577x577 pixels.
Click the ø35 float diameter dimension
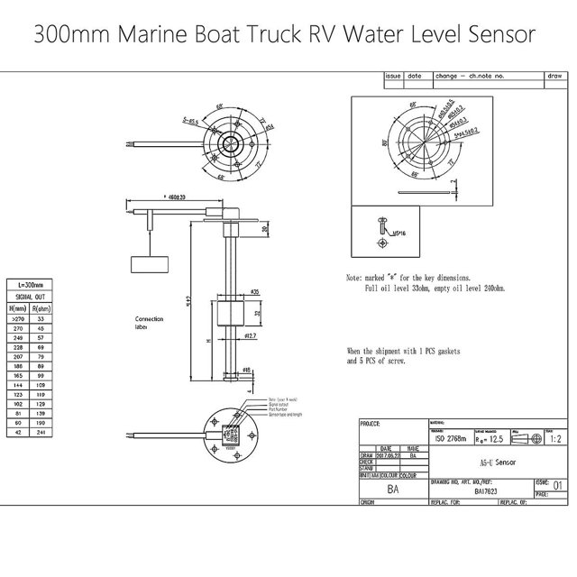(x=255, y=293)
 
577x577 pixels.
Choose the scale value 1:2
(x=558, y=437)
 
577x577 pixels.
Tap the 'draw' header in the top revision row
(x=554, y=78)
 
